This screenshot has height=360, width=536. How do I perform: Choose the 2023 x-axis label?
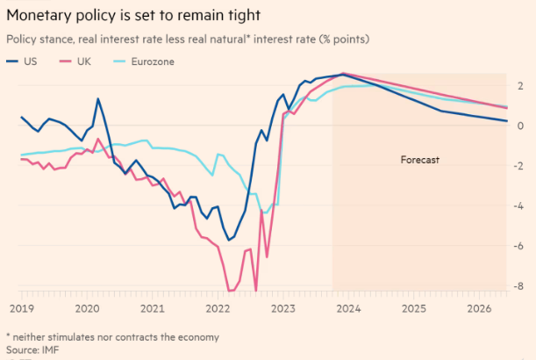click(x=283, y=308)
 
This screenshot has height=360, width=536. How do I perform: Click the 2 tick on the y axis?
click(x=520, y=86)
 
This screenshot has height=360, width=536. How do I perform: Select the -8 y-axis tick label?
click(x=518, y=286)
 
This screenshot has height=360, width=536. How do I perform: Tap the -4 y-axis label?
click(x=518, y=206)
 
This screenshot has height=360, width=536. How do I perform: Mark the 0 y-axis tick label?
click(x=520, y=126)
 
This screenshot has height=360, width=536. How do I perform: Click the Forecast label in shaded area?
click(x=419, y=161)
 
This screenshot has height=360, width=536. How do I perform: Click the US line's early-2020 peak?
click(x=97, y=99)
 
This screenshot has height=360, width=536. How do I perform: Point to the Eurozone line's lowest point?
click(x=265, y=212)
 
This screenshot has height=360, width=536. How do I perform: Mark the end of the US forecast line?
click(x=507, y=121)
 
